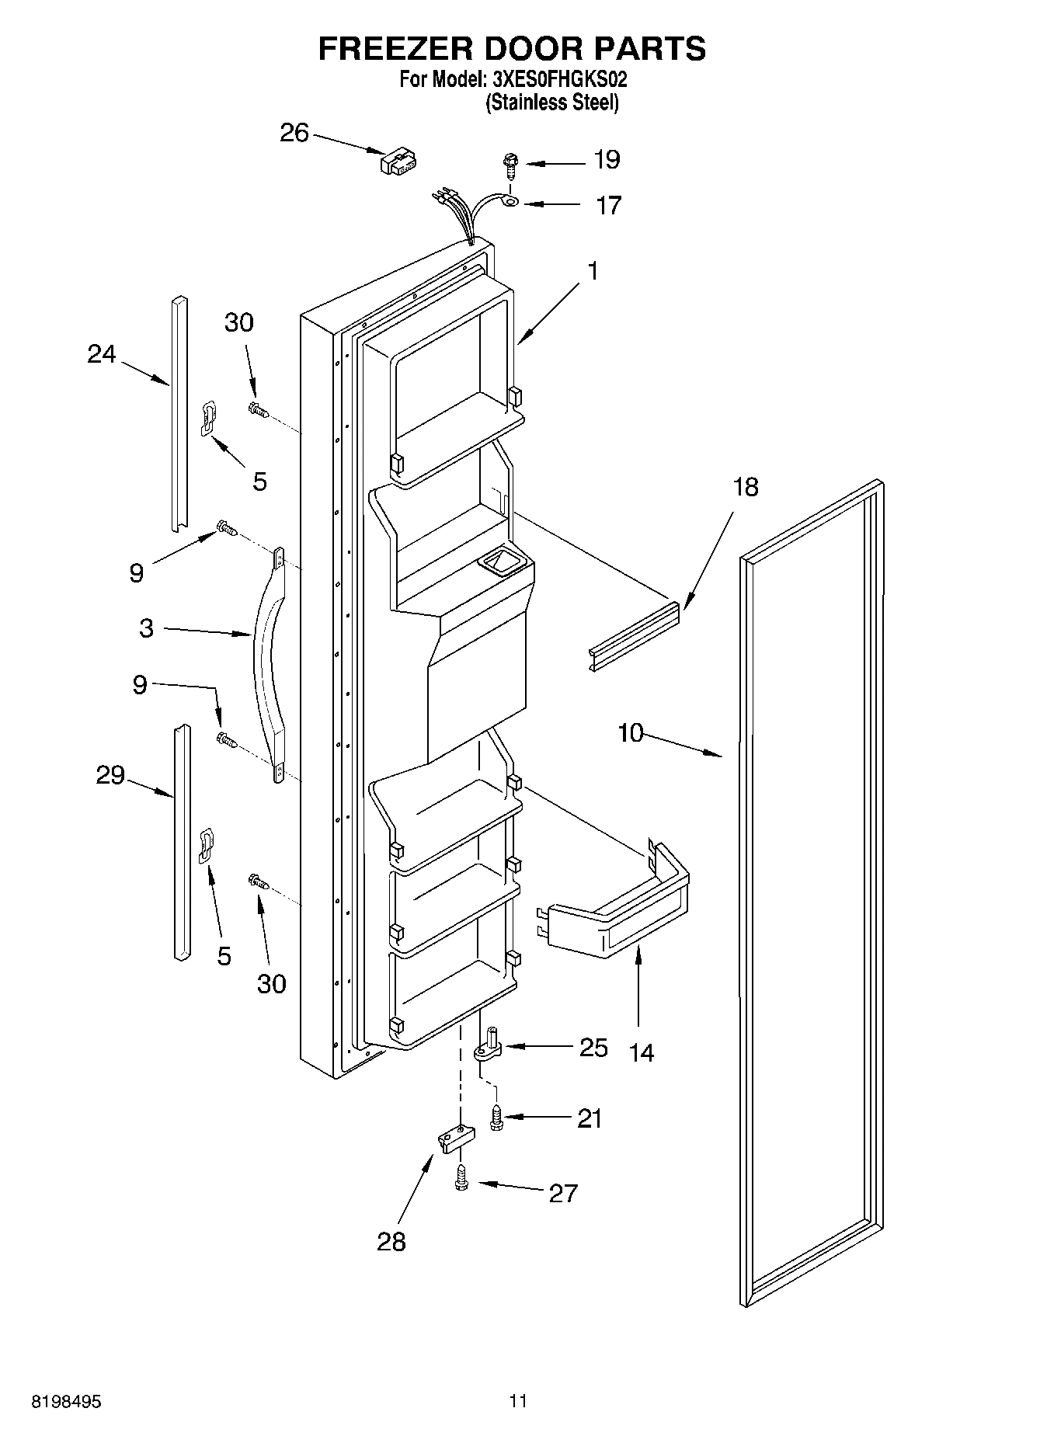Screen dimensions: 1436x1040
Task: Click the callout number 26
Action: pyautogui.click(x=294, y=134)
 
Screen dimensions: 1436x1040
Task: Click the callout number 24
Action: pyautogui.click(x=102, y=354)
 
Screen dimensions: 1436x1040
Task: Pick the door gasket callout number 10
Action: pyautogui.click(x=631, y=732)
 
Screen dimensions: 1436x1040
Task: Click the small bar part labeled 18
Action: pyautogui.click(x=634, y=635)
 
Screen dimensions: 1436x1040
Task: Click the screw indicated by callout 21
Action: pyautogui.click(x=495, y=1119)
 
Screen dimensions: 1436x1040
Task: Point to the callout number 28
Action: pyautogui.click(x=391, y=1242)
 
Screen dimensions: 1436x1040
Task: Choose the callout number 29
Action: pyautogui.click(x=110, y=775)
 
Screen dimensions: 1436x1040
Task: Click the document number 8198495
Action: pyautogui.click(x=67, y=1402)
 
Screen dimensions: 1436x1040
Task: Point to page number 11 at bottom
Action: pyautogui.click(x=518, y=1402)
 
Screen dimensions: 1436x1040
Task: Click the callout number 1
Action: pyautogui.click(x=593, y=272)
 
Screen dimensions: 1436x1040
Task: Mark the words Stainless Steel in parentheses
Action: pyautogui.click(x=552, y=103)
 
